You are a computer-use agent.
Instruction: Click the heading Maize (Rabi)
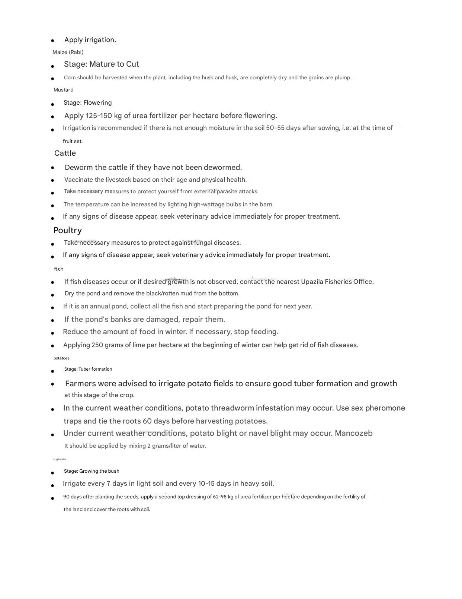tap(68, 52)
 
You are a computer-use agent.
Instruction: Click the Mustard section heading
tap(64, 90)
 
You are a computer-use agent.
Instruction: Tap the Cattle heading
tap(65, 153)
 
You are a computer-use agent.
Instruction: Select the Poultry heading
tap(67, 230)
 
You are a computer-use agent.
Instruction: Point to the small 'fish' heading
tap(59, 269)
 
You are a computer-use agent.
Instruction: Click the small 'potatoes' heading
tap(61, 358)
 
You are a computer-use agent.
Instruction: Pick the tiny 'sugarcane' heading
tap(60, 459)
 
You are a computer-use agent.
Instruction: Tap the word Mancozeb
tap(354, 433)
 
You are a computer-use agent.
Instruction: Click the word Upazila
tap(312, 282)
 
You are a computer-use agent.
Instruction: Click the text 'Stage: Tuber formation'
tap(88, 369)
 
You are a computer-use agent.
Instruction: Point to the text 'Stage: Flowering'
tap(88, 102)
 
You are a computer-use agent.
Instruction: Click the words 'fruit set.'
tap(73, 141)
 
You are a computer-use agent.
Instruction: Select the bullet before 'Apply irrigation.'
tap(52, 40)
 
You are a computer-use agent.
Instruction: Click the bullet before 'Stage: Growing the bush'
tap(52, 473)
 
